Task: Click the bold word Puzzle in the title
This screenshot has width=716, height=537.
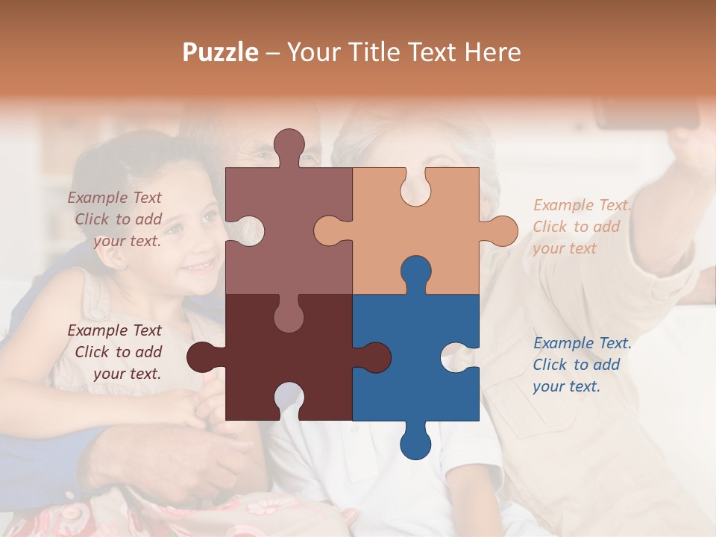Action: point(221,51)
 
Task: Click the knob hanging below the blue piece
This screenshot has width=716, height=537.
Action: point(415,443)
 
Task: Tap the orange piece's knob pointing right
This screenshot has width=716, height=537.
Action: point(501,230)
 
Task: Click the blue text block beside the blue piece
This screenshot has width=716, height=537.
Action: point(582,365)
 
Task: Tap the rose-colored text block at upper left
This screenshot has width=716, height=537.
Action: point(116,219)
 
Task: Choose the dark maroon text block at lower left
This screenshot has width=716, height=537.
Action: point(116,352)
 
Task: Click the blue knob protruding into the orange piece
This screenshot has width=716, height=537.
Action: point(415,271)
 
